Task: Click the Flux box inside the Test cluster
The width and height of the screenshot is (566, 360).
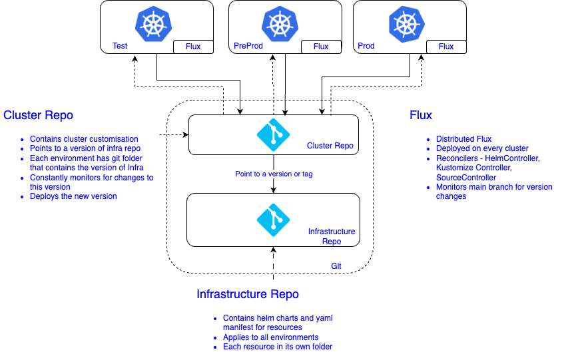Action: click(x=193, y=47)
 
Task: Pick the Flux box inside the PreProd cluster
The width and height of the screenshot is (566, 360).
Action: click(x=321, y=47)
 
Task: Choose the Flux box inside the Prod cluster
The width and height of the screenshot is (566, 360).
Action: click(x=446, y=47)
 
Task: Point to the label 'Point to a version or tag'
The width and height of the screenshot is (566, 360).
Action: click(x=274, y=174)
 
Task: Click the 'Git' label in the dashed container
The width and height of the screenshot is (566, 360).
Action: click(x=337, y=266)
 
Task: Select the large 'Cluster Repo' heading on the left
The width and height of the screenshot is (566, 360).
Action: click(x=38, y=115)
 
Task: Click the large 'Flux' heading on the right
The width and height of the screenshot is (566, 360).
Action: click(x=421, y=115)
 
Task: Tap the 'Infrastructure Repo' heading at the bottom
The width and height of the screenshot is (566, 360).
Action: click(x=248, y=294)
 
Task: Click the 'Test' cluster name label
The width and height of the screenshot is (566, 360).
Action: click(x=120, y=47)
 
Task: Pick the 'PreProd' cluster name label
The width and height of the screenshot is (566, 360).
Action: click(x=246, y=47)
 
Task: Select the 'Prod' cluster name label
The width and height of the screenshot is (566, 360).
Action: click(x=366, y=47)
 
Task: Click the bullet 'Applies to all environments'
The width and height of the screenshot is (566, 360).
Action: click(x=270, y=337)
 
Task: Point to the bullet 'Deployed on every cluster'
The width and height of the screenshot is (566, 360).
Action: click(x=481, y=148)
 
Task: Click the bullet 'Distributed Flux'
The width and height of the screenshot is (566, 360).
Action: click(x=463, y=139)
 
